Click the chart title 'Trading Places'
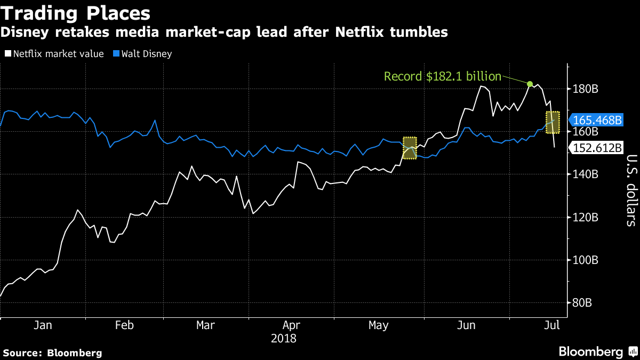pos(75,12)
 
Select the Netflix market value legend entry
pos(54,54)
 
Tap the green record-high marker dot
pos(530,84)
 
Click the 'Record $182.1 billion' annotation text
pos(442,77)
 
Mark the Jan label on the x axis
pos(42,325)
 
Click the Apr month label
pos(291,325)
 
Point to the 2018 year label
pos(284,338)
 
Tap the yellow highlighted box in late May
pos(410,148)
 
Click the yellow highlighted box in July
pos(553,122)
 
